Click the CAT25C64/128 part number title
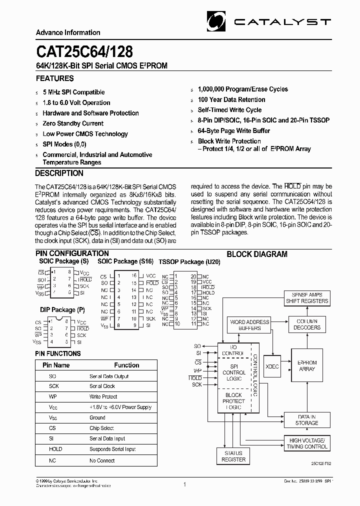click(x=84, y=51)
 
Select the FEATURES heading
click(x=54, y=78)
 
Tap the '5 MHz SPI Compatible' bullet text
click(x=73, y=92)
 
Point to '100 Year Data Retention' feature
click(x=231, y=99)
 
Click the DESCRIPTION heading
click(x=59, y=173)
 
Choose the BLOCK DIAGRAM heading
click(x=257, y=254)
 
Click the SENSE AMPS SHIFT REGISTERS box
click(x=307, y=298)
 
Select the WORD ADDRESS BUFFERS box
click(x=249, y=325)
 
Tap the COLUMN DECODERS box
click(x=307, y=324)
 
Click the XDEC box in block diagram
click(x=272, y=366)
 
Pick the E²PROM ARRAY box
click(x=307, y=365)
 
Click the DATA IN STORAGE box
click(x=306, y=420)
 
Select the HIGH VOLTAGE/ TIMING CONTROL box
click(x=307, y=443)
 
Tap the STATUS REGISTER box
click(x=233, y=456)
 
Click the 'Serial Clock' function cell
click(x=102, y=386)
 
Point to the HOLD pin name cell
click(x=55, y=449)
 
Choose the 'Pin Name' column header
click(x=55, y=365)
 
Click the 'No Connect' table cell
click(x=102, y=460)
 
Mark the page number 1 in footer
click(x=184, y=484)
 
